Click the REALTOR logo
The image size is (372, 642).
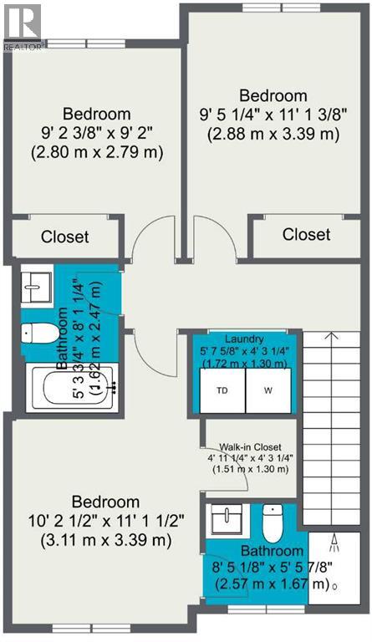(22, 27)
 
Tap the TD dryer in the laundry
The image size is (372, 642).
(222, 390)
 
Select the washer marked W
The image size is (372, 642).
(268, 390)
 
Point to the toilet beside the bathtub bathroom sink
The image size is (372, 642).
(40, 333)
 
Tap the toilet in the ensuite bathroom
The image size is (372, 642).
(273, 522)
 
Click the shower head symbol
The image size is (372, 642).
(334, 543)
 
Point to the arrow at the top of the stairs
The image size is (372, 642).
(332, 336)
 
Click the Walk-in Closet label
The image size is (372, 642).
(251, 447)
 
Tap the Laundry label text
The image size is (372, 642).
(244, 339)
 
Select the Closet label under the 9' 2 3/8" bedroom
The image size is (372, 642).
(64, 237)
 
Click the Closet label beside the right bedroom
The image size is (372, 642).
(307, 234)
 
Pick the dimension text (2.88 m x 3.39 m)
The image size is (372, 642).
(273, 135)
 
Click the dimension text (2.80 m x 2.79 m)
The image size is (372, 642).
(97, 152)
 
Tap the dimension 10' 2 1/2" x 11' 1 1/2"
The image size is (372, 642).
(106, 522)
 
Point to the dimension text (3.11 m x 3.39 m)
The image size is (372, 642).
(106, 541)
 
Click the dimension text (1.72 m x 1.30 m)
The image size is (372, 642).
(245, 363)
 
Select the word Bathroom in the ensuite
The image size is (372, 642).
(273, 551)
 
